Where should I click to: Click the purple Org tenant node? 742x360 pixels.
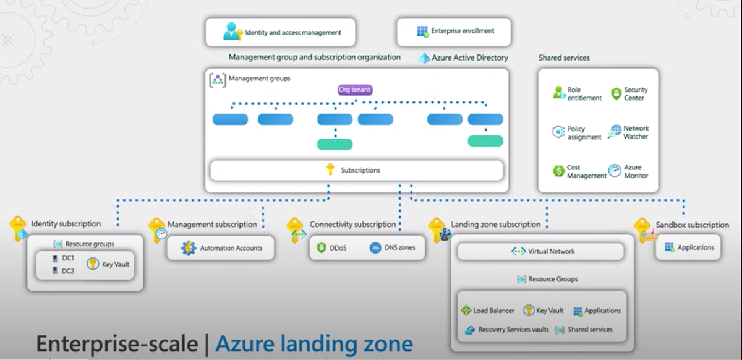355,90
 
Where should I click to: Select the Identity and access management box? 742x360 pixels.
281,32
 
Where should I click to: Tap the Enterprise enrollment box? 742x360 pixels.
454,31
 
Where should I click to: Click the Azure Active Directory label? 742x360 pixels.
471,58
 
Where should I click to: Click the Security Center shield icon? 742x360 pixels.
615,94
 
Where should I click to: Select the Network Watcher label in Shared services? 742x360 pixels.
636,132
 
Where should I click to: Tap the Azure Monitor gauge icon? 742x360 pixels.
615,171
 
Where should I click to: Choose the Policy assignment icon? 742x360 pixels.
558,132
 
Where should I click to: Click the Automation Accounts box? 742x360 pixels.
221,248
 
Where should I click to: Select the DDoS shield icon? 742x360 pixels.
322,248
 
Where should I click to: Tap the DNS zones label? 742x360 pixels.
399,248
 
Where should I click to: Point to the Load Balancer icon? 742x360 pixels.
466,311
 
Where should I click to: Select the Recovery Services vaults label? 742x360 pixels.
513,330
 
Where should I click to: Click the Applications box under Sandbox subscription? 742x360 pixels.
688,247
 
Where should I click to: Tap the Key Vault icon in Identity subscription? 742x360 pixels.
93,264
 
